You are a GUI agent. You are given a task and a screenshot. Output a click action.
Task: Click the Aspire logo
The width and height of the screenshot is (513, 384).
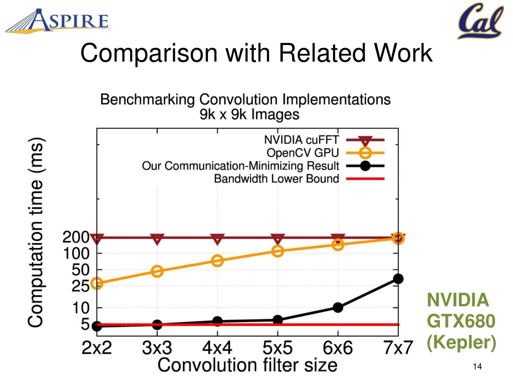(x=58, y=21)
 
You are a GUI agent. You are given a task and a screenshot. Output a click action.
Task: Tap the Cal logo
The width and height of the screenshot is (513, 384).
(x=479, y=21)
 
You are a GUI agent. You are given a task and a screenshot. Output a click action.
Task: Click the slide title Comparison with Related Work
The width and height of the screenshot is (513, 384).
(x=256, y=53)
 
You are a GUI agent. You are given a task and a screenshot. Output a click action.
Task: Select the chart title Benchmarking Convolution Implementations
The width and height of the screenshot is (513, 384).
(x=245, y=99)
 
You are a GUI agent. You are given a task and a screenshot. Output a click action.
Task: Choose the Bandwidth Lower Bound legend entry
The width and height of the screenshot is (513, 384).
(x=277, y=178)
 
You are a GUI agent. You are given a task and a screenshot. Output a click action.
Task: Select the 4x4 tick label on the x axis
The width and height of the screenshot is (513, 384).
(x=217, y=347)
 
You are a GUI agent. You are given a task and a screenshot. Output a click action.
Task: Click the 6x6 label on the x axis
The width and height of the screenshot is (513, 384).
(x=338, y=347)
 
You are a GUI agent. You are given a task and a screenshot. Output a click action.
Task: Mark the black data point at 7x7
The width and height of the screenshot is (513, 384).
(x=398, y=278)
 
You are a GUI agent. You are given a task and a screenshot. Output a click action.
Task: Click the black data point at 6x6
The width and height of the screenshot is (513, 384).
(x=338, y=307)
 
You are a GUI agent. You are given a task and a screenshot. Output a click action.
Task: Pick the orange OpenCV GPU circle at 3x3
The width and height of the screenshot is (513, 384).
(x=157, y=271)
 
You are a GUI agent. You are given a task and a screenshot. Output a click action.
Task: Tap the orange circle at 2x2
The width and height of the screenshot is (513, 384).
(x=97, y=283)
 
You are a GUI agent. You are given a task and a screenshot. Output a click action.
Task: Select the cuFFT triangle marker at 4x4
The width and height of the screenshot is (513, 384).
(x=217, y=239)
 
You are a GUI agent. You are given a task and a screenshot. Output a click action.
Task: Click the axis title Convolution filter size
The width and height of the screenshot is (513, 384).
(x=247, y=364)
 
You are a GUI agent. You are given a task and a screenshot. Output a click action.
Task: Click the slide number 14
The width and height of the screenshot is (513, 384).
(x=476, y=368)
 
